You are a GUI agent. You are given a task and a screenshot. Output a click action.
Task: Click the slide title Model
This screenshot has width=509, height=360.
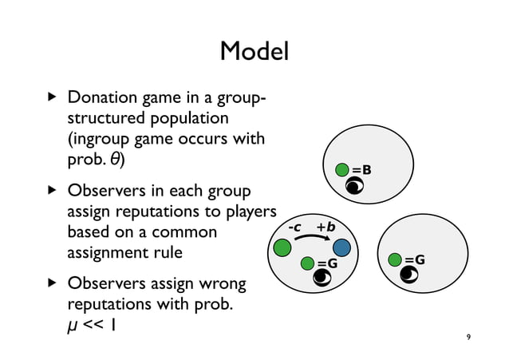(254, 53)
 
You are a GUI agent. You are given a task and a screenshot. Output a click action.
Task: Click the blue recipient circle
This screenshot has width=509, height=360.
(342, 247)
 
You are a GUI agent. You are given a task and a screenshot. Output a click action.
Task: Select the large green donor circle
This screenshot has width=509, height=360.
(282, 248)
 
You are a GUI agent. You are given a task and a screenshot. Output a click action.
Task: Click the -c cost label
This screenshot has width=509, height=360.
(294, 227)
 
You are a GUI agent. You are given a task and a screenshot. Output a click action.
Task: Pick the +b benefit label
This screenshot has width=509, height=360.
(326, 227)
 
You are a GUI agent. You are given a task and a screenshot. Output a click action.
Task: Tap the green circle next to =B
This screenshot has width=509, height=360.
(342, 169)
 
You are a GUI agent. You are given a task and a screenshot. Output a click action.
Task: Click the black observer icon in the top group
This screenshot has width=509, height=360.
(354, 188)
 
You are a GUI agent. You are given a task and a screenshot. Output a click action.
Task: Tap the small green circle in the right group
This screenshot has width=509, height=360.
(394, 259)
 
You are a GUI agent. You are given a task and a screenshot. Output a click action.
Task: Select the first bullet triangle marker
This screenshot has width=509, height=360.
(53, 99)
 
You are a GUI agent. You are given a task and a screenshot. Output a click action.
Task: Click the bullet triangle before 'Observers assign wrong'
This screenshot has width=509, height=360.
(53, 284)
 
